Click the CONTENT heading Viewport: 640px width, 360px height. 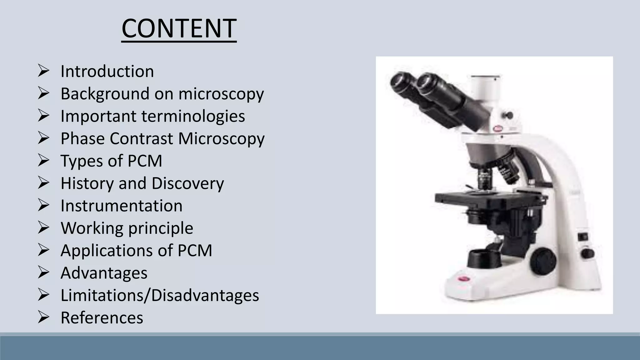coord(179,28)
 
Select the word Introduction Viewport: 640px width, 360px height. coord(107,71)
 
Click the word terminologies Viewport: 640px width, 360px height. coord(193,116)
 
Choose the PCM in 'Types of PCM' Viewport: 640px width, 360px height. coord(145,161)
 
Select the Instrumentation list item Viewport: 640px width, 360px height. coord(122,206)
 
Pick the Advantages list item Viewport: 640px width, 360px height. coord(104,273)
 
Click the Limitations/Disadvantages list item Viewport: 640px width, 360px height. coord(160,295)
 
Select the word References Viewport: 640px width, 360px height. coord(102,318)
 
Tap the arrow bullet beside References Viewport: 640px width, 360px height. coord(43,317)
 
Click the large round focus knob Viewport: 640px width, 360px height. coord(543,259)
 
